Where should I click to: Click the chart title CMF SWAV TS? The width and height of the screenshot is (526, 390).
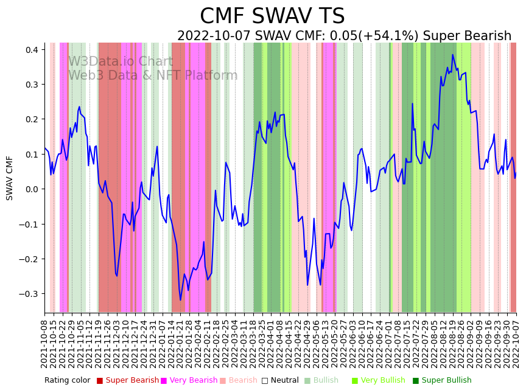coord(272,16)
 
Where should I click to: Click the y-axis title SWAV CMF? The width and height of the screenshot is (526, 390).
coord(10,178)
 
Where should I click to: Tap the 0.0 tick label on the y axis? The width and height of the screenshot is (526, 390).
coord(31,189)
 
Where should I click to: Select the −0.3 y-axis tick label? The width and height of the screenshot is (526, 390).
coord(29,294)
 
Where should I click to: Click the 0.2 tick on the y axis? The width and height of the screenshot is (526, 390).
coord(31,119)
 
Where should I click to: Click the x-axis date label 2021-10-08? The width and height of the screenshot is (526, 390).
coord(44,344)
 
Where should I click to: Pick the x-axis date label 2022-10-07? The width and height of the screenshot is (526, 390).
coord(517,344)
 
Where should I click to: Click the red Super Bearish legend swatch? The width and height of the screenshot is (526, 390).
coord(100,381)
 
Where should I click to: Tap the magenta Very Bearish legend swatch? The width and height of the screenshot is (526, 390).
coord(164,381)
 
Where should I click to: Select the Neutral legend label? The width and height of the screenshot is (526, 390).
coord(284,381)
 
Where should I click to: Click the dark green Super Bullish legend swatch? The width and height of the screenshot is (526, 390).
coord(416,381)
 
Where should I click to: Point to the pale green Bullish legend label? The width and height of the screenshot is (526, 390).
coord(326,381)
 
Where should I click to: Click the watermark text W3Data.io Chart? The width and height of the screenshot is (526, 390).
coord(121,62)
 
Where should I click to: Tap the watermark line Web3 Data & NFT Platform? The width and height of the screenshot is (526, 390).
coord(153,76)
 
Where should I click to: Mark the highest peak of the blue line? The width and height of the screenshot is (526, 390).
coord(452,55)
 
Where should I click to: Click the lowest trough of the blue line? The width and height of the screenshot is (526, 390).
coord(180,300)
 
